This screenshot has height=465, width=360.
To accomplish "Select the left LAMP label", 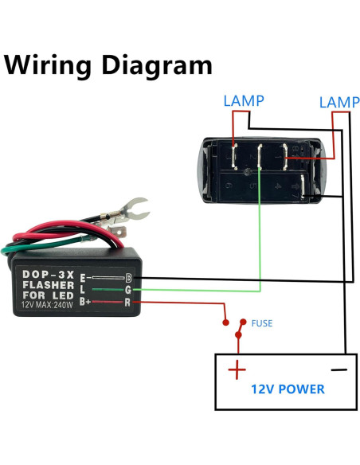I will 243,101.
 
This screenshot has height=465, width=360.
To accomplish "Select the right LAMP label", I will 338,103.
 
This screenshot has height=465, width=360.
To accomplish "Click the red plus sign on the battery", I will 236,370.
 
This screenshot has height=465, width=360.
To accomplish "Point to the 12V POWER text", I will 288,389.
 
